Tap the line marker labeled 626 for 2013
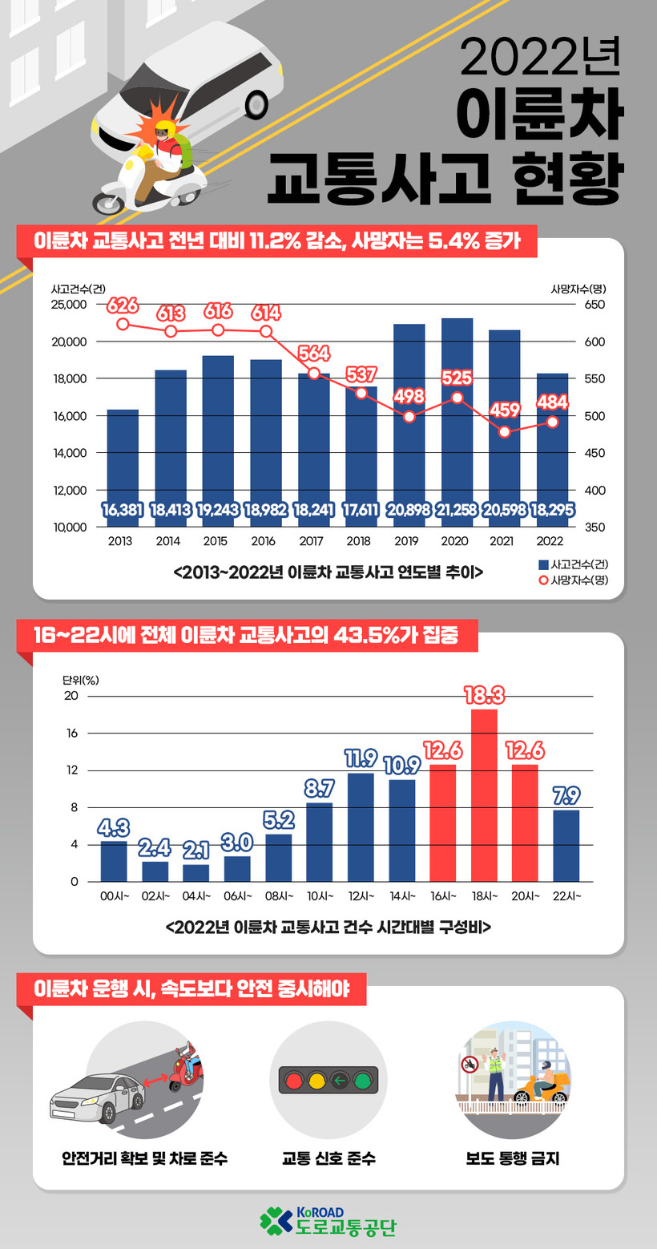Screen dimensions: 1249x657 pos(123,324)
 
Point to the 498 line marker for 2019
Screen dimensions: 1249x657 pos(409,417)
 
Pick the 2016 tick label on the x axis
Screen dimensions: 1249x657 pos(264,542)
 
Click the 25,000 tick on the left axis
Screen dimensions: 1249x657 pos(69,305)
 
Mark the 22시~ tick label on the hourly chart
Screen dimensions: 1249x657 pos(566,896)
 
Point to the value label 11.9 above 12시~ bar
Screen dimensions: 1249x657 pos(361,758)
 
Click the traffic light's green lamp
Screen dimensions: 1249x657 pos(365,1081)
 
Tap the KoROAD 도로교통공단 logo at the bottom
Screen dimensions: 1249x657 pos(328,1220)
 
